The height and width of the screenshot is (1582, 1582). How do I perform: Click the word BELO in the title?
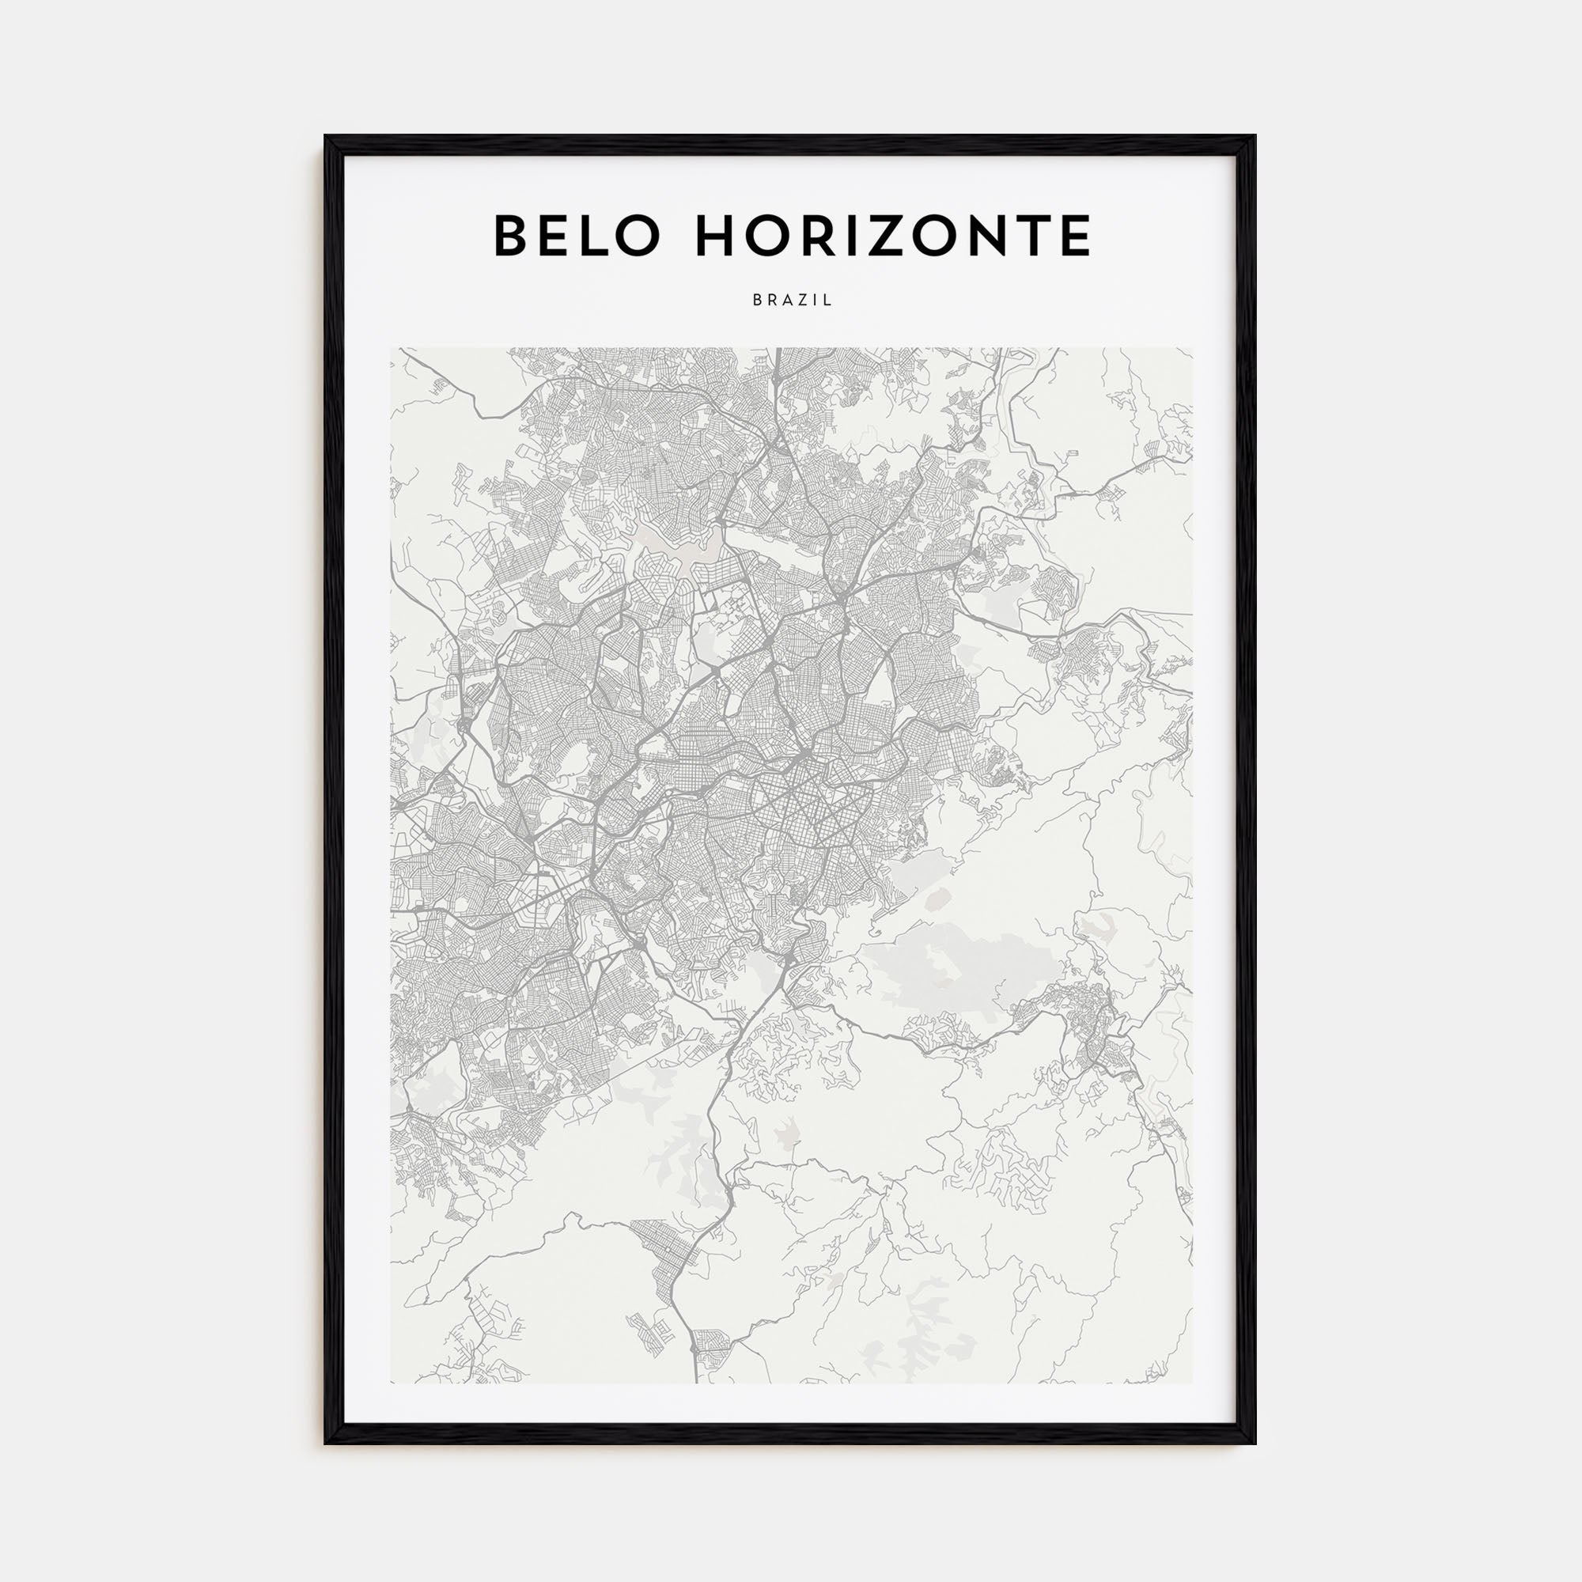(x=577, y=236)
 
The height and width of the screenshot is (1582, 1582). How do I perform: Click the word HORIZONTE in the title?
(x=892, y=236)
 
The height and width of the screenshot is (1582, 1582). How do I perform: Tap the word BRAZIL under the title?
(x=792, y=301)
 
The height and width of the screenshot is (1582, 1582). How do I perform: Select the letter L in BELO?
(x=596, y=236)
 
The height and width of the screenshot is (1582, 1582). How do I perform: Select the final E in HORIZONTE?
(x=1075, y=236)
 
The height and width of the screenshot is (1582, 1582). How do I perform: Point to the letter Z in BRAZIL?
(x=805, y=301)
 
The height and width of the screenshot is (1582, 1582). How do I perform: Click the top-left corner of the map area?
(x=392, y=349)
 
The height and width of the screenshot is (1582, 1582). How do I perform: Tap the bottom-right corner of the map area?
(x=1192, y=1383)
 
